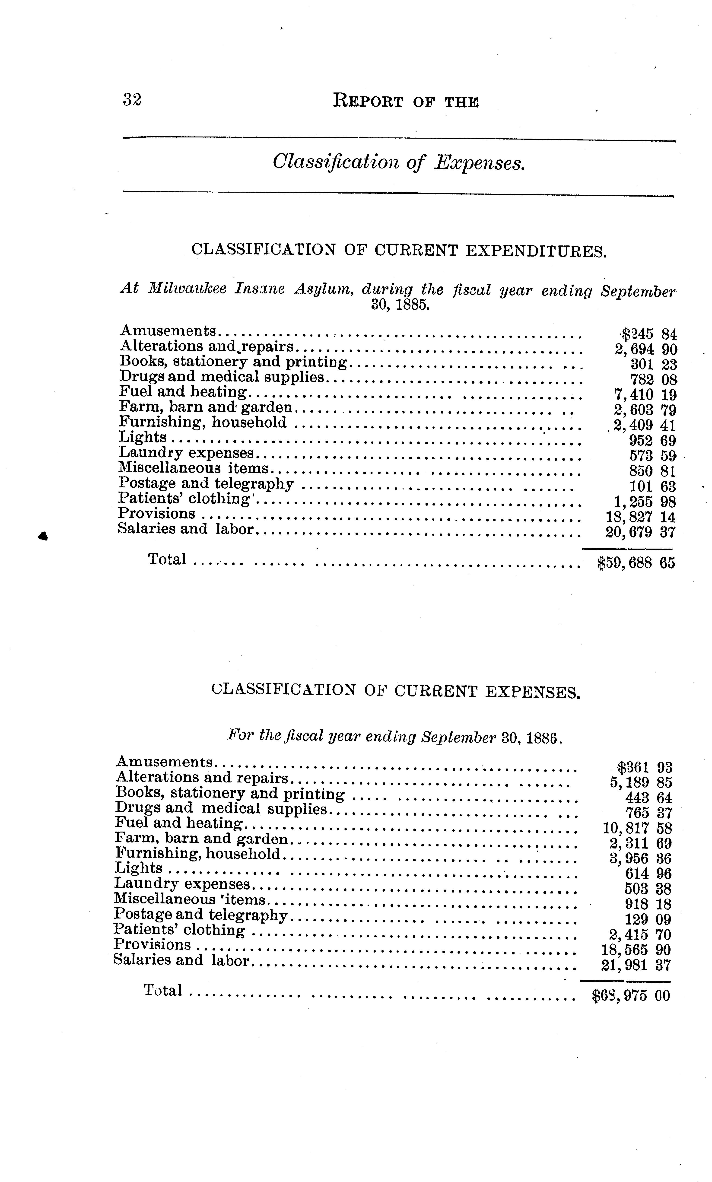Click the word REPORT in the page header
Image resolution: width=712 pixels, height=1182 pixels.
tap(368, 102)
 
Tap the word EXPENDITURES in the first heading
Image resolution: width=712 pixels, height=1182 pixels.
tap(536, 251)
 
